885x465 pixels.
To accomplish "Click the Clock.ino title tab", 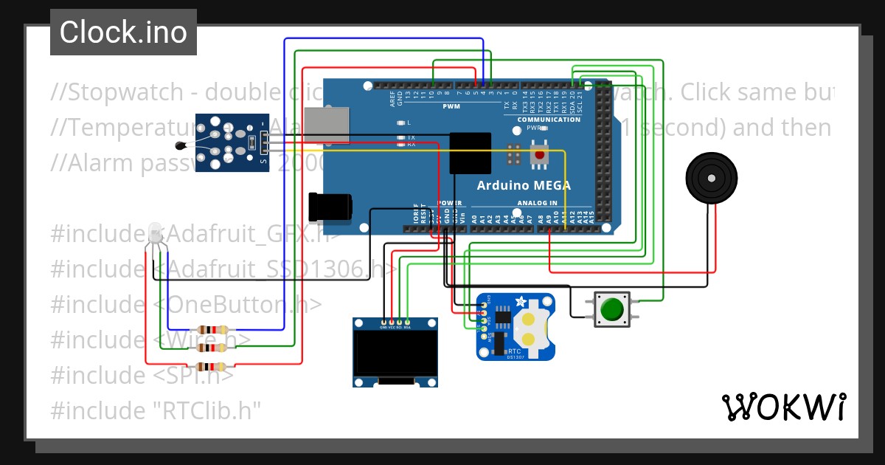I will click(123, 32).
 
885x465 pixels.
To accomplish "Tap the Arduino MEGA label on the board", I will click(524, 185).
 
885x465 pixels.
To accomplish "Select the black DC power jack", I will click(330, 207).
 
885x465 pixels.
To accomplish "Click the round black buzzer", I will click(712, 179).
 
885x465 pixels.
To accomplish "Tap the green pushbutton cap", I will click(612, 309).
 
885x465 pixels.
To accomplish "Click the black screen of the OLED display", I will click(395, 353).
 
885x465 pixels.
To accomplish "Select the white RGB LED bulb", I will click(156, 232).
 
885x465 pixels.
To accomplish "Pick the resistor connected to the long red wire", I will click(212, 365).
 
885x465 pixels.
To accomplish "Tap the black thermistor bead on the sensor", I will click(181, 147).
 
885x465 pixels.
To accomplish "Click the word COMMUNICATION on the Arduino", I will click(549, 120).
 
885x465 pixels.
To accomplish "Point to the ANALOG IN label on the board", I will click(537, 203).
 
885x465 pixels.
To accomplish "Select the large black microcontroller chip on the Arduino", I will click(471, 153).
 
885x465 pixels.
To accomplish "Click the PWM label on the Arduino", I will click(451, 106).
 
